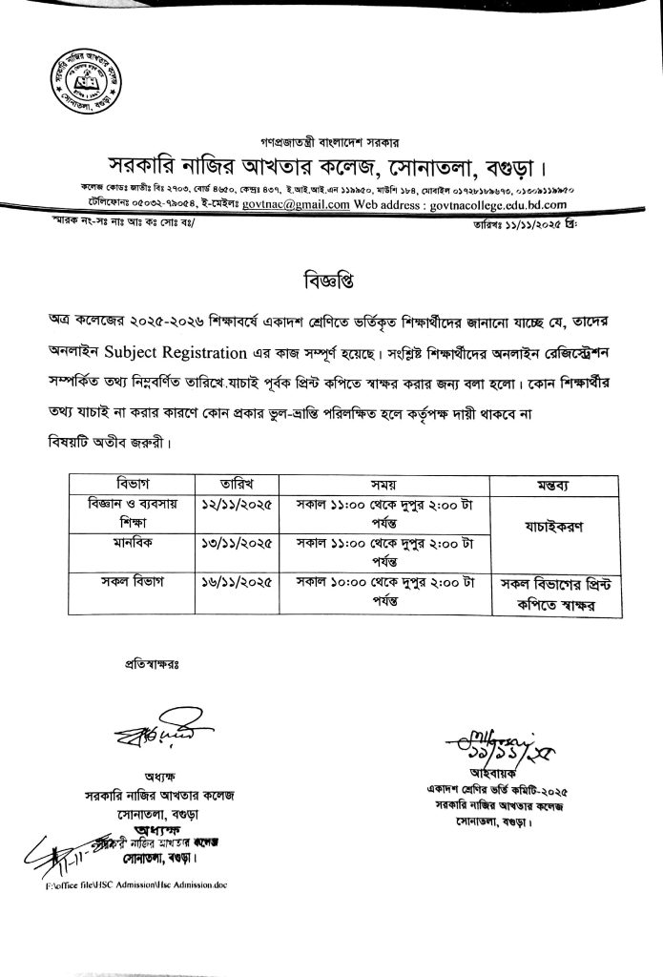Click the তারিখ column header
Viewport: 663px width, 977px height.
[x=234, y=482]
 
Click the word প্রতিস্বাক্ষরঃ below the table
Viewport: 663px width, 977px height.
[x=153, y=661]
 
